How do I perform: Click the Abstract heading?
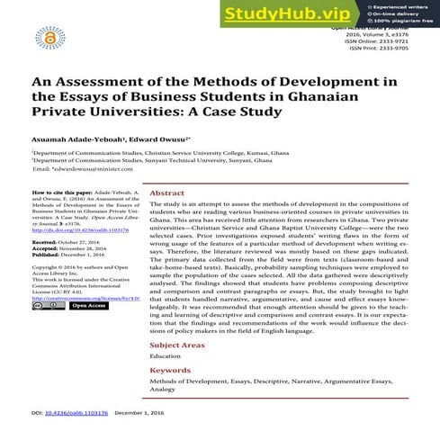coord(167,193)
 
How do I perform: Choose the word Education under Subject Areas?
coord(166,356)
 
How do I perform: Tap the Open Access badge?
coord(90,306)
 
